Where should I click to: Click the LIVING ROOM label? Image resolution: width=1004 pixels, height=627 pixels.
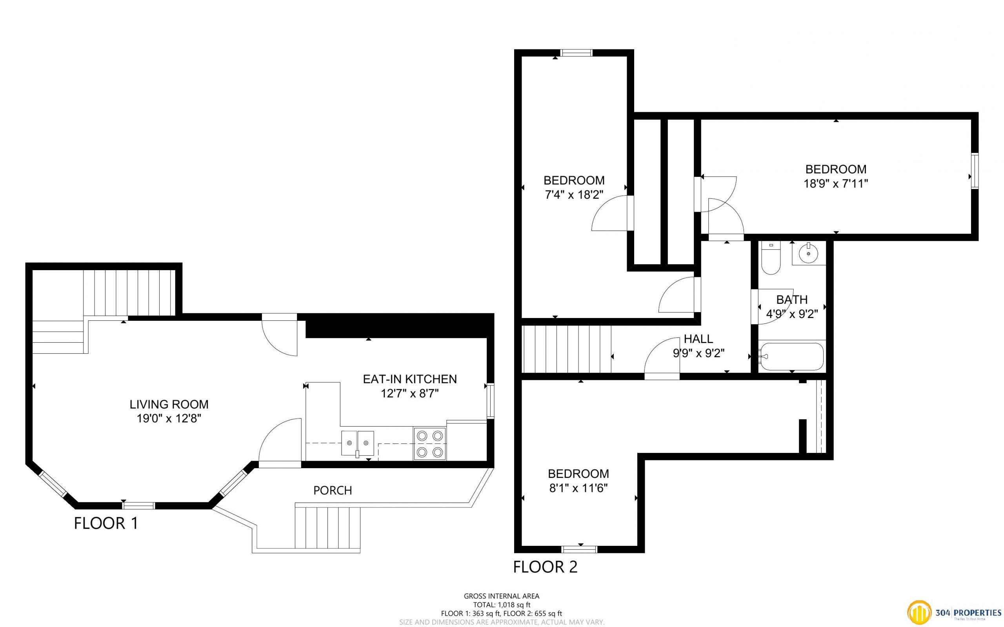coord(169,404)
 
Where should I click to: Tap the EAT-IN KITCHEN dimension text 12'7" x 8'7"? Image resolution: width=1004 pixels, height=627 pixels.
coord(410,393)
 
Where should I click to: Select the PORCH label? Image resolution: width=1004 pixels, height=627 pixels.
coord(333,490)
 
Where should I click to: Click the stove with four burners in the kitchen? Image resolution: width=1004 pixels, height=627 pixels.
coord(429,444)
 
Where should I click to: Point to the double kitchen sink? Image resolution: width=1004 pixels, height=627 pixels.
coord(357,443)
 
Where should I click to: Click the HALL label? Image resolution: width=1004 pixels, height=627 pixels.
coord(698,339)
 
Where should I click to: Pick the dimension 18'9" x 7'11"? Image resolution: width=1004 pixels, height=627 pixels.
coord(836,183)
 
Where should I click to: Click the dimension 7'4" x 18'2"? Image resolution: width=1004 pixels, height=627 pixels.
coord(573,194)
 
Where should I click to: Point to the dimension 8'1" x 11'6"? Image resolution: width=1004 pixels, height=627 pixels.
coord(578,488)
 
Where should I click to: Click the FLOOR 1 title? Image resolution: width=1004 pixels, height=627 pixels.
coord(106,523)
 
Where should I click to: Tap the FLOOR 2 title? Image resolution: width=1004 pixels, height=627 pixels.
coord(545,567)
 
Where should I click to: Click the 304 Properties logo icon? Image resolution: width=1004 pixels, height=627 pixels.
coord(919,613)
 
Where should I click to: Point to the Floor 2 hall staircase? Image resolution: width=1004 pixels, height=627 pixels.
coord(566,349)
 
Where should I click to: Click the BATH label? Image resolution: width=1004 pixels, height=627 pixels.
coord(792,300)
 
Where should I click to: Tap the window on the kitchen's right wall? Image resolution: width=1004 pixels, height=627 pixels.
coord(491,401)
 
